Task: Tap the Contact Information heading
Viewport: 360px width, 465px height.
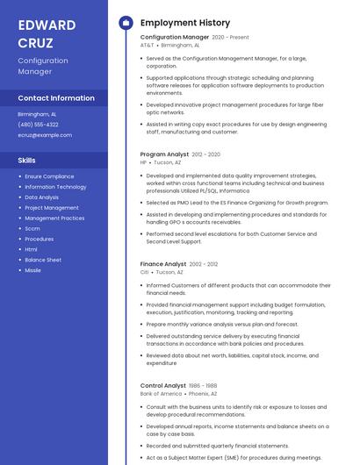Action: [x=56, y=98]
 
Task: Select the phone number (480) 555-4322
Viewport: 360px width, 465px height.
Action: [x=38, y=125]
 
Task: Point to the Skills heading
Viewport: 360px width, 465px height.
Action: [x=26, y=161]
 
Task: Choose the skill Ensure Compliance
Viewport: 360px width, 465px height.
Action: [x=49, y=176]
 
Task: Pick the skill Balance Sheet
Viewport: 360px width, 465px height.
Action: [x=43, y=260]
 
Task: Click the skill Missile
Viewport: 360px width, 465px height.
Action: [x=32, y=270]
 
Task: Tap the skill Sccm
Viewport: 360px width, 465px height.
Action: [x=32, y=228]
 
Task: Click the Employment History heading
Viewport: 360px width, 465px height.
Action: [x=184, y=23]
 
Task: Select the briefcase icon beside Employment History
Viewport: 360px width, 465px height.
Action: [x=126, y=23]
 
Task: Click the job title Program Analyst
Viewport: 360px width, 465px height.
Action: [x=164, y=154]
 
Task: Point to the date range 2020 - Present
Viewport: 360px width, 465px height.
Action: [x=231, y=38]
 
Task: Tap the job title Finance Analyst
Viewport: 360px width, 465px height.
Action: [x=163, y=264]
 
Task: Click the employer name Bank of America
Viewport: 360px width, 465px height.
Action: [x=161, y=394]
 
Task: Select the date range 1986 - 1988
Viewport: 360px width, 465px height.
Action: [x=203, y=386]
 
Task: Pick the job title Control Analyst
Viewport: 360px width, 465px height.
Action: [x=163, y=386]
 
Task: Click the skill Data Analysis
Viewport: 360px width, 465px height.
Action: [x=42, y=197]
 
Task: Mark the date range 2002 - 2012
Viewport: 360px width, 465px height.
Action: [x=204, y=264]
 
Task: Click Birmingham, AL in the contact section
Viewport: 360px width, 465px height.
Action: [x=37, y=114]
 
